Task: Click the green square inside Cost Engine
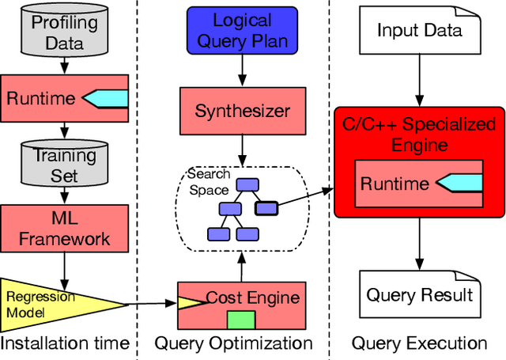[x=241, y=320]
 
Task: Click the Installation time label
[x=64, y=343]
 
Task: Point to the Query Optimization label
[x=233, y=343]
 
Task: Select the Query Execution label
[x=419, y=343]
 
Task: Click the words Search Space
[x=208, y=181]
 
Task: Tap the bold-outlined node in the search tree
[x=266, y=209]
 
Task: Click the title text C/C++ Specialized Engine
[x=418, y=135]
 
